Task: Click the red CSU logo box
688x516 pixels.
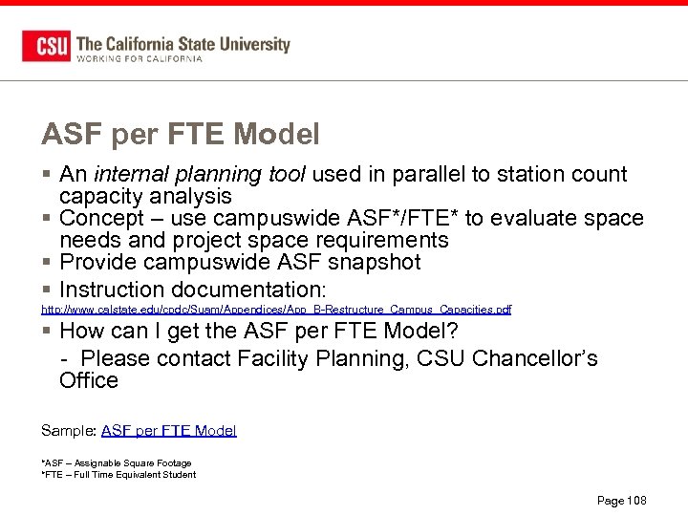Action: tap(46, 46)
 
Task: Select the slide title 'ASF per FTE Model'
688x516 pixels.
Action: tap(180, 135)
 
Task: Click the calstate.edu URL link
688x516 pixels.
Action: tap(275, 310)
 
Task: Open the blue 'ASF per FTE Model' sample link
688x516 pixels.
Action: tap(168, 431)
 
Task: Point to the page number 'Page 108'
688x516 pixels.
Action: tap(621, 501)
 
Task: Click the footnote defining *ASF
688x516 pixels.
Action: tap(116, 463)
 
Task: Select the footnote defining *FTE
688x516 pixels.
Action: tap(118, 475)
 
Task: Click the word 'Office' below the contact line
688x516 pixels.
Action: tap(88, 380)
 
